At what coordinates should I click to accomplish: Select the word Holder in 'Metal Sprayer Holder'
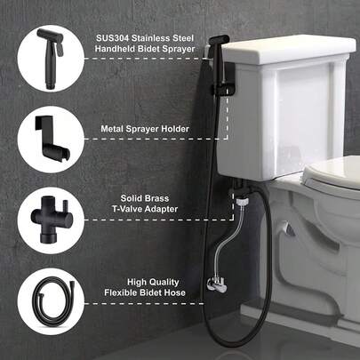(x=175, y=129)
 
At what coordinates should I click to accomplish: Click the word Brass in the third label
(x=157, y=198)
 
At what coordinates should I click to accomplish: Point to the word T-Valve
(x=126, y=209)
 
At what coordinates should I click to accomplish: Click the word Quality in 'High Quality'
(x=164, y=283)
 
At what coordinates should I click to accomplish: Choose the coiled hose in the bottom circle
(x=51, y=301)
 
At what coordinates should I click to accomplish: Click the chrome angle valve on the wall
(x=215, y=284)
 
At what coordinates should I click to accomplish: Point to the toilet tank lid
(x=289, y=49)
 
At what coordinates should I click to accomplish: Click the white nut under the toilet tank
(x=241, y=203)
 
